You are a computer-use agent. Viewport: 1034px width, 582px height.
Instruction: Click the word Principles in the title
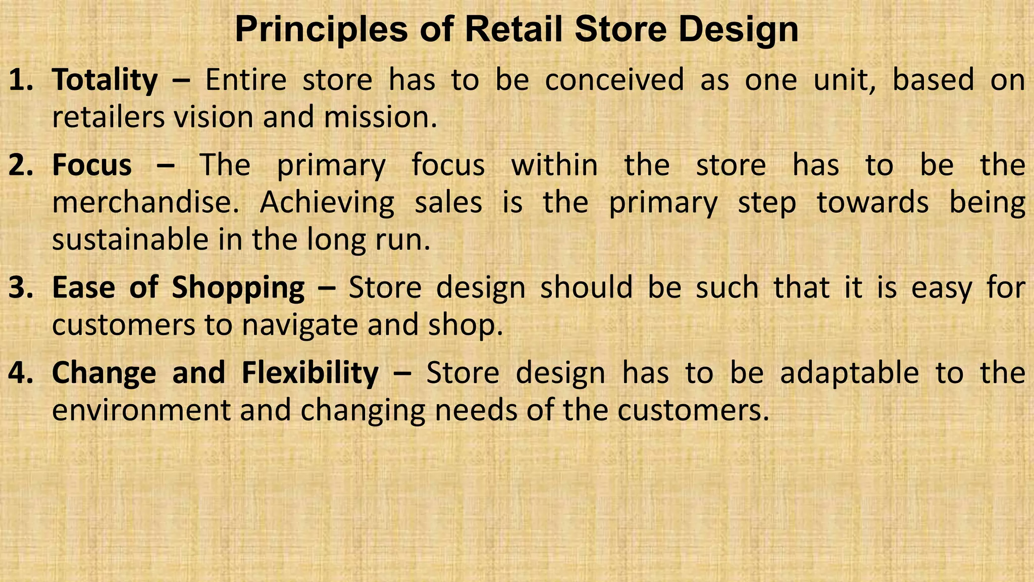[x=321, y=30]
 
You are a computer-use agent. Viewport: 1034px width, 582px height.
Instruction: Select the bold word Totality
[x=105, y=81]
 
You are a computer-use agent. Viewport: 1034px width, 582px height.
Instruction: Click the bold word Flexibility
[x=310, y=373]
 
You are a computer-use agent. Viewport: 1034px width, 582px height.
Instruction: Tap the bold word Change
[x=105, y=373]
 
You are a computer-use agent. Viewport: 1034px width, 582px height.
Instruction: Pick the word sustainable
[x=130, y=239]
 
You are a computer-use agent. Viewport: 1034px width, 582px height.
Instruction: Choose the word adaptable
[x=849, y=374]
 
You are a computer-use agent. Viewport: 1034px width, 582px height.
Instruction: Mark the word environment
[x=141, y=410]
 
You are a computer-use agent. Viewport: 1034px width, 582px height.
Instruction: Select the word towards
[x=873, y=203]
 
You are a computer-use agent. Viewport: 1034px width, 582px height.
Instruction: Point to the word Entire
[x=246, y=81]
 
